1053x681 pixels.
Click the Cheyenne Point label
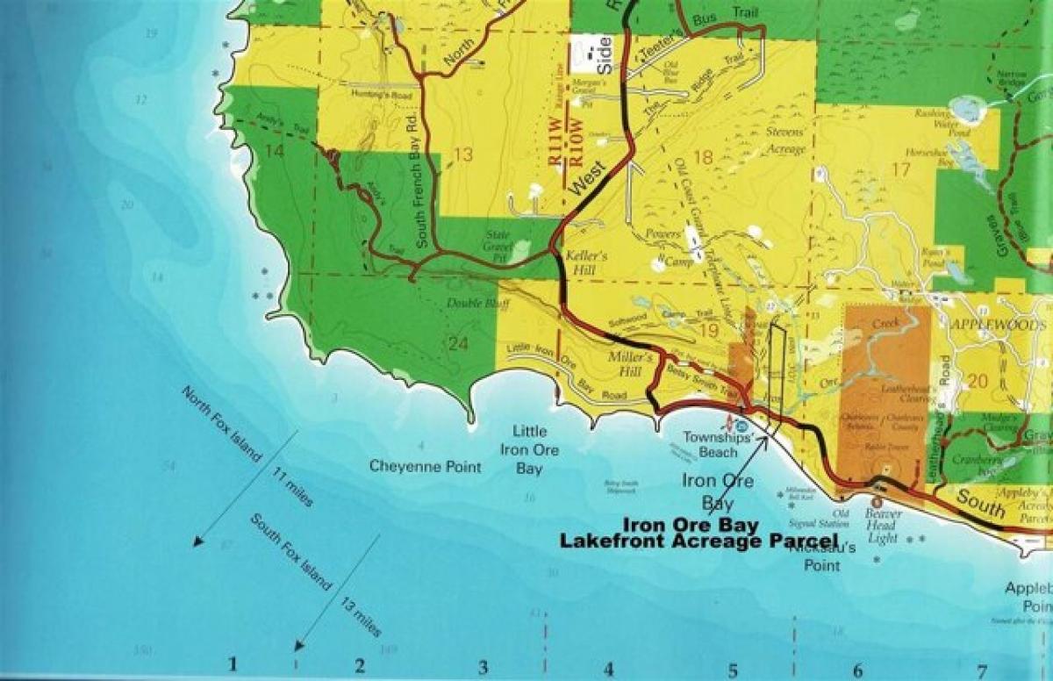(425, 467)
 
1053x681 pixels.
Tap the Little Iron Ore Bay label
(529, 450)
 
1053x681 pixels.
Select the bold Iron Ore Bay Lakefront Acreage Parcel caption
(699, 533)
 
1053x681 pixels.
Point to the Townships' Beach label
(711, 445)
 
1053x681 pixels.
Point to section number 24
(458, 343)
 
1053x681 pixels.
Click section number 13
(463, 155)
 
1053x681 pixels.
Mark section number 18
(704, 157)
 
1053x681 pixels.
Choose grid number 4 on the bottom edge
(607, 667)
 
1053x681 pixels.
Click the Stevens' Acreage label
(785, 142)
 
